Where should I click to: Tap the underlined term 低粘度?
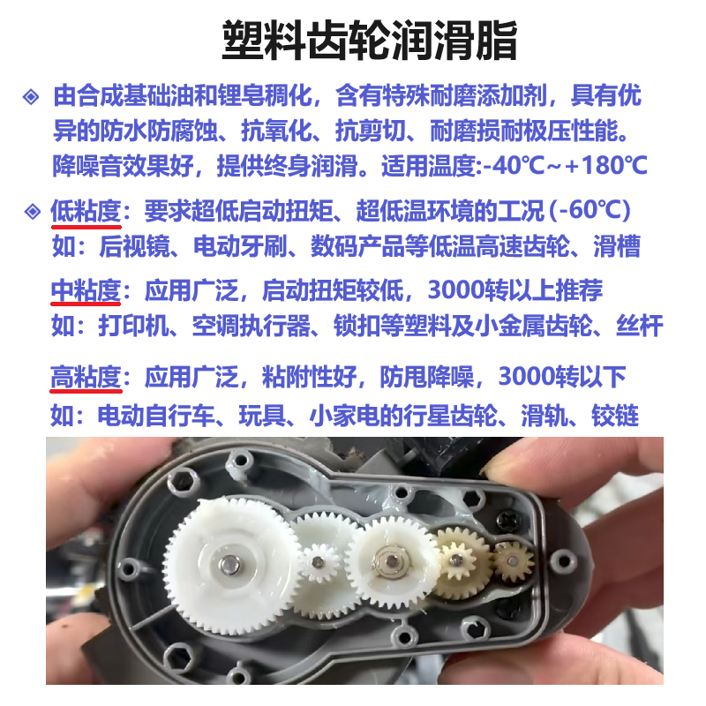(85, 212)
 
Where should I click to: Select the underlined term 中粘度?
(85, 289)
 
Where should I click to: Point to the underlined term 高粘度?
(85, 378)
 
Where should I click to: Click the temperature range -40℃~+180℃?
(563, 165)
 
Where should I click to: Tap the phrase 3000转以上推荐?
(515, 289)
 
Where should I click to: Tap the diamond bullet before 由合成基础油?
(31, 95)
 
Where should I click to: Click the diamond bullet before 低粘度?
(31, 212)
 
